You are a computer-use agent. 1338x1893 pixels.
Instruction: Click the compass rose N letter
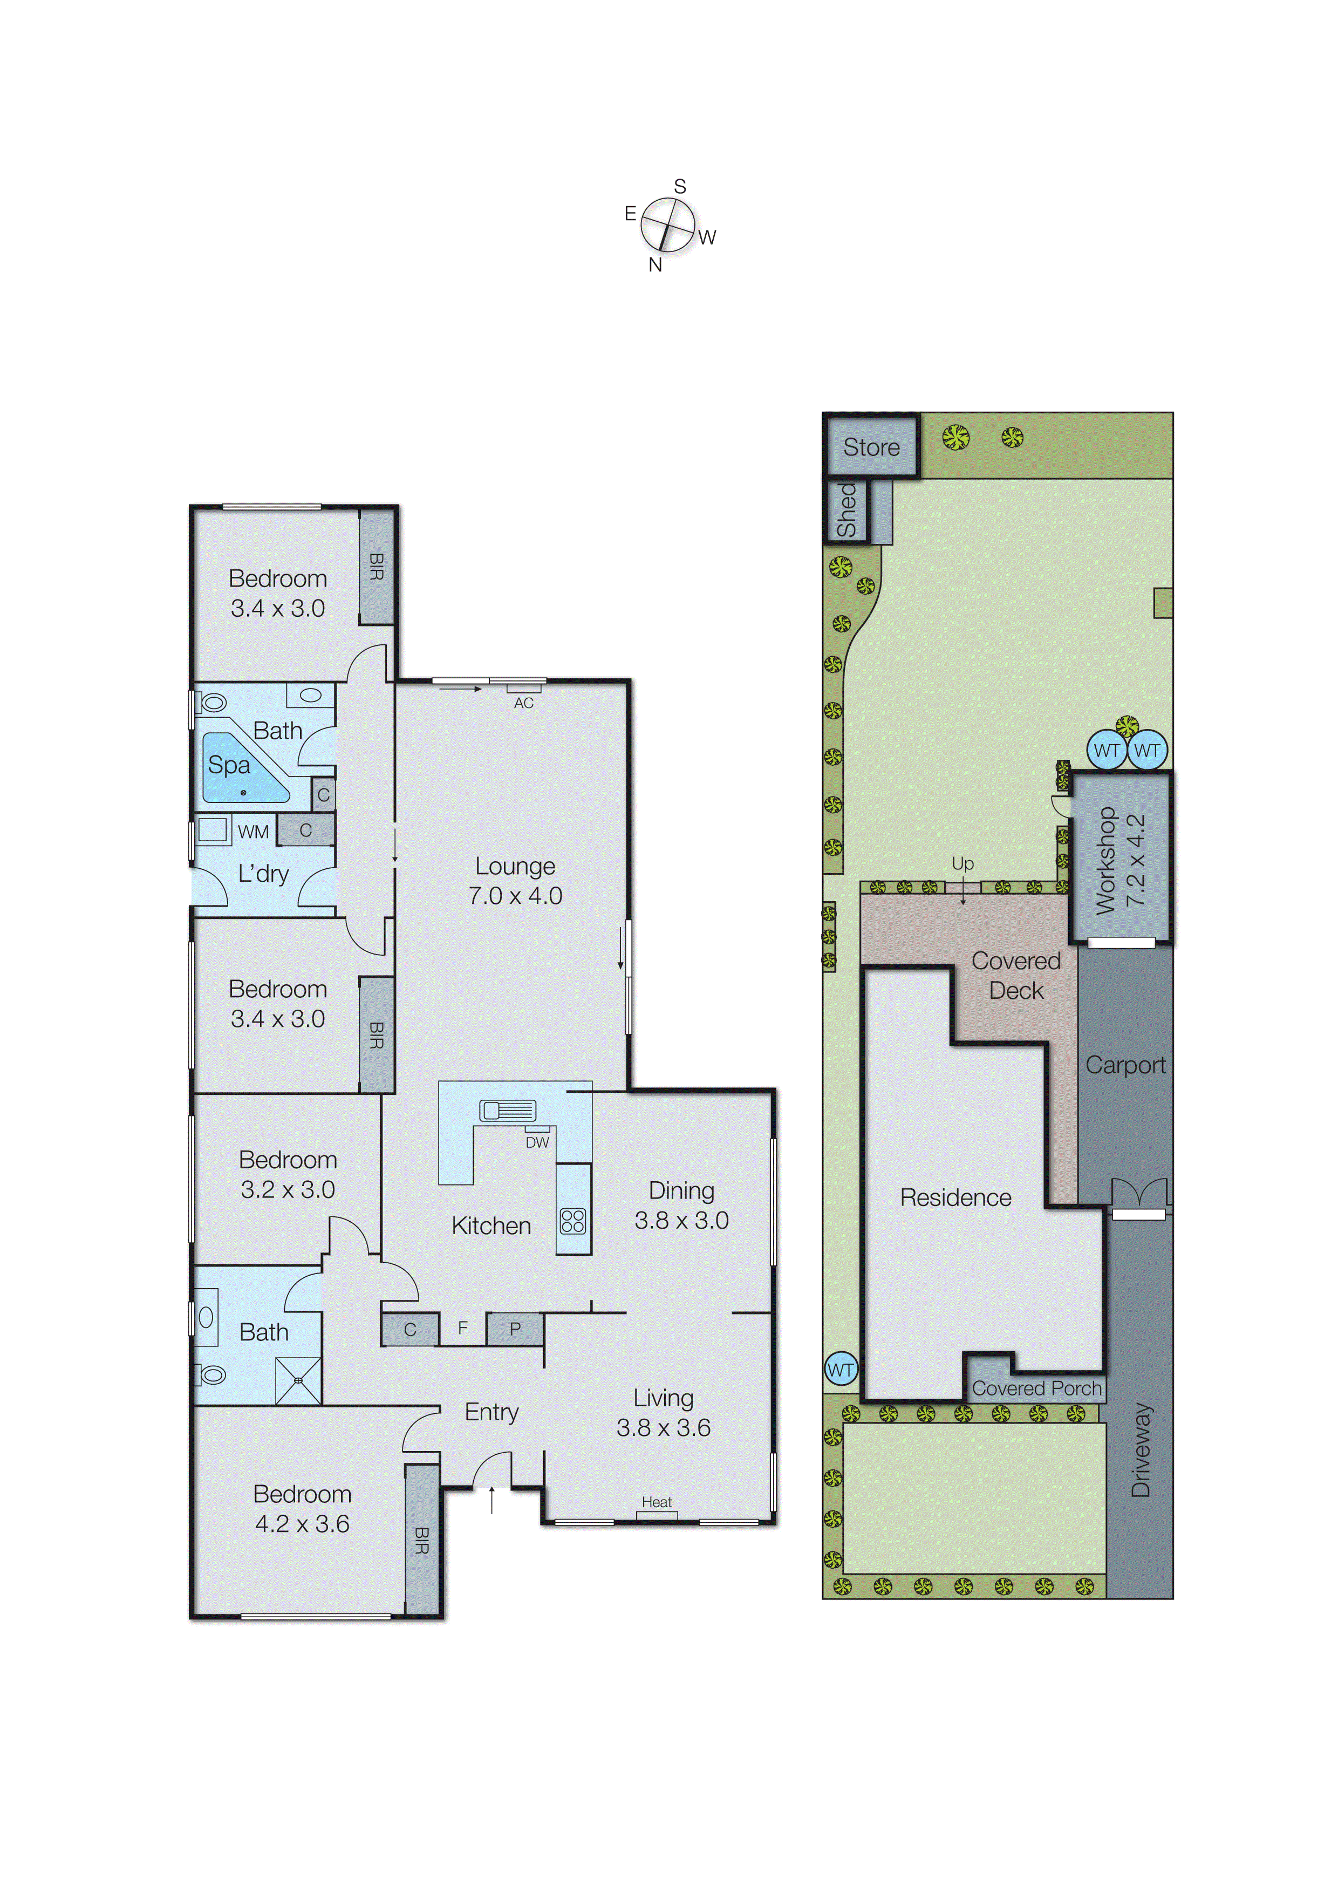point(656,264)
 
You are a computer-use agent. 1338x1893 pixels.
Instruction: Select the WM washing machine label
point(253,832)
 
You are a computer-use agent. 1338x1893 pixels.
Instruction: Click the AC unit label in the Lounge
point(523,703)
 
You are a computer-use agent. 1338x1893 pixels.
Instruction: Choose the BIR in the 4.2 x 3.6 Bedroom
point(422,1540)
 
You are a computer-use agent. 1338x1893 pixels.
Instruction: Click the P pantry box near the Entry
point(515,1328)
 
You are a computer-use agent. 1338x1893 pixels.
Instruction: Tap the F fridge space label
point(462,1327)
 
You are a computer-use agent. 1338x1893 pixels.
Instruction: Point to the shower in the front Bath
point(298,1380)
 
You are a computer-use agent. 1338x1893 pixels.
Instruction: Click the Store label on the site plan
point(871,448)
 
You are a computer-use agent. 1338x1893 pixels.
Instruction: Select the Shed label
point(847,511)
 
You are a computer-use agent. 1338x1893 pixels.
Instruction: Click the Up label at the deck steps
point(962,863)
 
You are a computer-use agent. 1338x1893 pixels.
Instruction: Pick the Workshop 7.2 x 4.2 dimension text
point(1135,860)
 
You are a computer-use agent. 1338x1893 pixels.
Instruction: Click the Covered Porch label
point(1036,1388)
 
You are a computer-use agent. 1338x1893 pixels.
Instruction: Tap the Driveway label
point(1140,1449)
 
